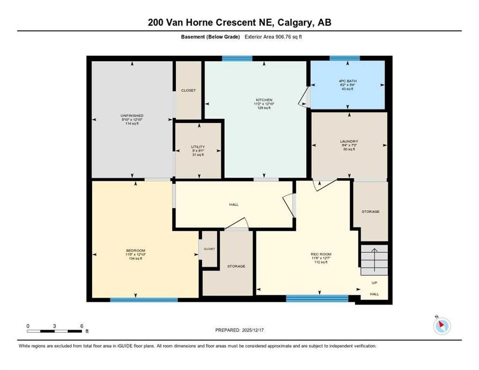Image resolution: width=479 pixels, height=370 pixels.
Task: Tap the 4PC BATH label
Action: coord(347,81)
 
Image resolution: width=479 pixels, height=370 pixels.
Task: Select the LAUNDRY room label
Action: coord(349,141)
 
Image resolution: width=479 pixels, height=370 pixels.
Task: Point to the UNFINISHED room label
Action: coord(132,116)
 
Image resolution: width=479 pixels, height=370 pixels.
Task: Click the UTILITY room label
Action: coord(198,146)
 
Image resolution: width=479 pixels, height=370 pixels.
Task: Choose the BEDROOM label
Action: coord(135,251)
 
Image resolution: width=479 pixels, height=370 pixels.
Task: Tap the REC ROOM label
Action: coord(321,254)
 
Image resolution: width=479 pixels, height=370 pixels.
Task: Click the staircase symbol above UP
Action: coord(374,259)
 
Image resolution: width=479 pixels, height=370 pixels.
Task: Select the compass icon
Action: coord(441,326)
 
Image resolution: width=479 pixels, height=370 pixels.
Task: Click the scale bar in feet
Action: coord(54,331)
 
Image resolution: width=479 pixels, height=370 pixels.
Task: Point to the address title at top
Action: coord(239,22)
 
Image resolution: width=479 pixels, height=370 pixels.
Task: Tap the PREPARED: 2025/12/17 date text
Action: coord(239,330)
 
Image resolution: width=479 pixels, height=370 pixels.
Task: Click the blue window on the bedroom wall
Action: coord(144,300)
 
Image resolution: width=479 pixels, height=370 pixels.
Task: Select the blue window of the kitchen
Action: coord(237,59)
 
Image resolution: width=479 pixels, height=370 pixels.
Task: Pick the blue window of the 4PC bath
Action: coord(344,58)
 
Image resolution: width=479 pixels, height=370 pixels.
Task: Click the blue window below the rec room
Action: coord(317,299)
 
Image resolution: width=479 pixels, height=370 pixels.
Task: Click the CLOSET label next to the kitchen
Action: coord(188,90)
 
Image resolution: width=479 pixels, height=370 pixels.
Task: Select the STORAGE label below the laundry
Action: coord(371,211)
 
